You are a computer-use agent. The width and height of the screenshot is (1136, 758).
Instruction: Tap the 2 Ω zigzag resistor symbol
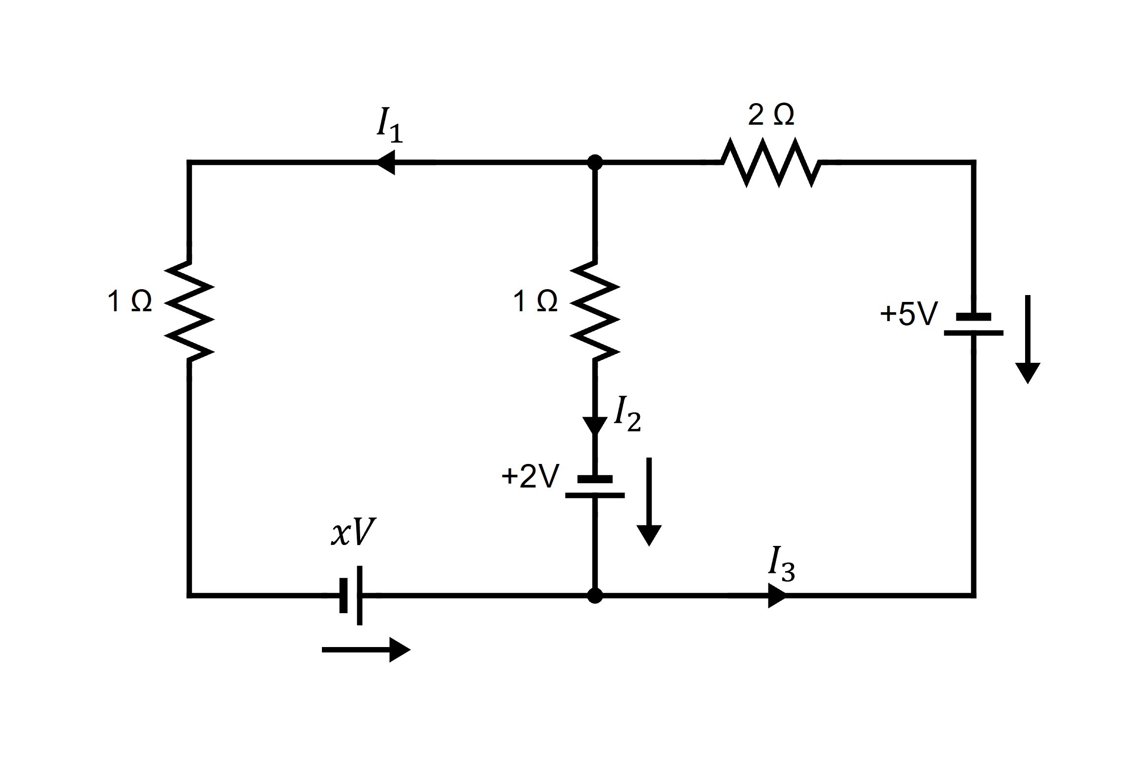[x=770, y=162]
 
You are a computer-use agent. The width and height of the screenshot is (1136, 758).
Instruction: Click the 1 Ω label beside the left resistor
[x=129, y=301]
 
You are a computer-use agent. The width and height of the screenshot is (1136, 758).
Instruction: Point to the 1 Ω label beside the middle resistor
[x=535, y=301]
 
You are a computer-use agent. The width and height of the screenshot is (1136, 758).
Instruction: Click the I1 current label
[x=389, y=126]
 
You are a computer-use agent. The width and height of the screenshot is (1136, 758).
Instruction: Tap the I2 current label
[x=627, y=415]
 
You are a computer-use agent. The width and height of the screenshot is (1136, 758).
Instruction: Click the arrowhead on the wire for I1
[x=386, y=162]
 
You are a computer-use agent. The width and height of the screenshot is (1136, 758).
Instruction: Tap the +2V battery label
[x=530, y=476]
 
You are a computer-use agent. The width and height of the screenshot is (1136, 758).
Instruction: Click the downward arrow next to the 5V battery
[x=1028, y=339]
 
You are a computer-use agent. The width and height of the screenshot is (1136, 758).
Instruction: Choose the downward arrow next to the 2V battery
[x=649, y=501]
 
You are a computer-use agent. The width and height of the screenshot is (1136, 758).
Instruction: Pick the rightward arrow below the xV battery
[x=366, y=650]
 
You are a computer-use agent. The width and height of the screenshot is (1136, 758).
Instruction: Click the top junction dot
[x=595, y=162]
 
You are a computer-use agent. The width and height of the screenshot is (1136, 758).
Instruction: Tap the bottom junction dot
[x=595, y=596]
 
